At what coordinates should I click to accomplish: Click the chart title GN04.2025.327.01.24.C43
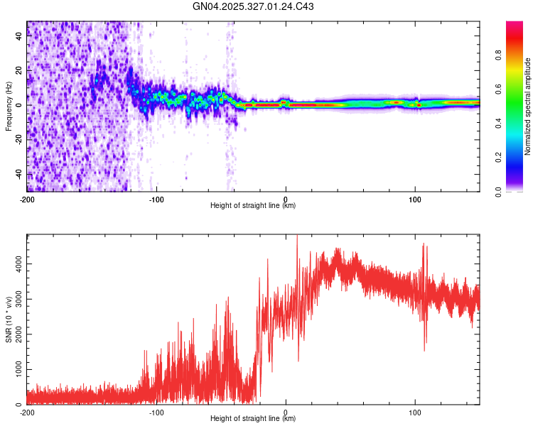254,7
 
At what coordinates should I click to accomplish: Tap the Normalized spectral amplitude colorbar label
528,106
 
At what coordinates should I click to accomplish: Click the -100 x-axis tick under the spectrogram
156,199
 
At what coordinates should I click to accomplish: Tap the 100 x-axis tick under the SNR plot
414,412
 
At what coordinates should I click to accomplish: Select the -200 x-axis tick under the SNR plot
27,412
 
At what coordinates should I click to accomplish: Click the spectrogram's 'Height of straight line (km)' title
253,206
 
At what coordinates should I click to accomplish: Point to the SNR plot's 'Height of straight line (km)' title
253,419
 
